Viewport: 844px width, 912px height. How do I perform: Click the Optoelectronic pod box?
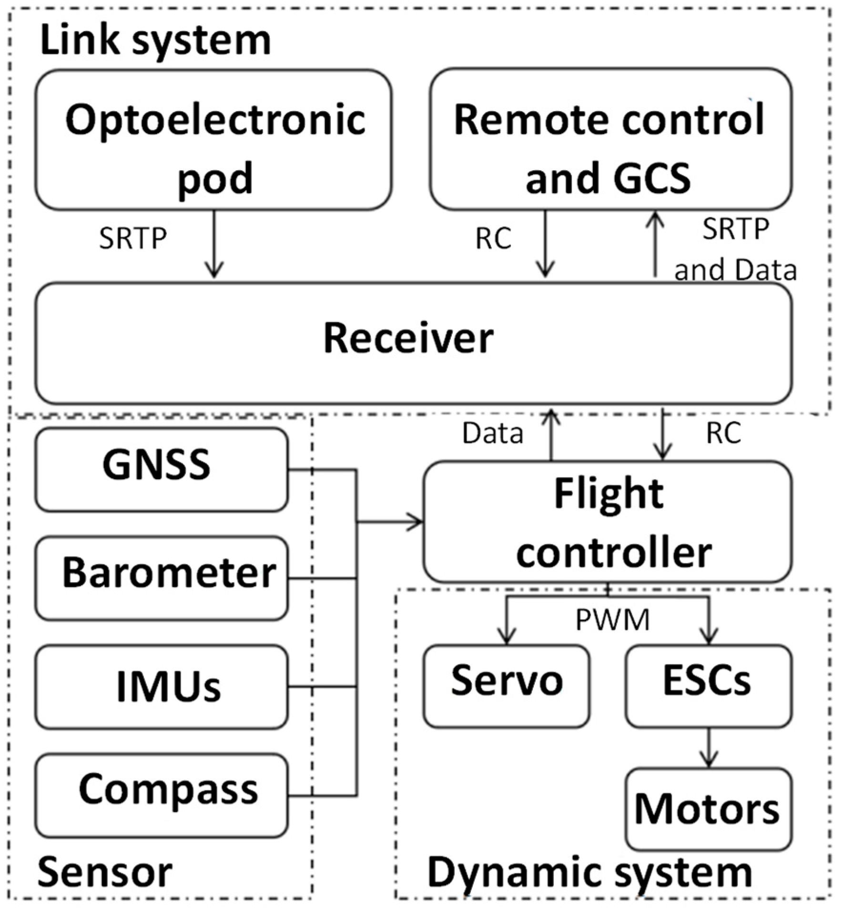coord(214,139)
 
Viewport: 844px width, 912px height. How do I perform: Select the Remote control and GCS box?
coord(610,139)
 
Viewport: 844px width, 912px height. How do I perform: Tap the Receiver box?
coord(413,343)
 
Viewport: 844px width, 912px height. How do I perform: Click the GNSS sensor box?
coord(161,469)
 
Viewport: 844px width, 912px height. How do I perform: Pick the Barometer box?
coord(161,578)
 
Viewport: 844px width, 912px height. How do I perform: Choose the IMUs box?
coord(161,687)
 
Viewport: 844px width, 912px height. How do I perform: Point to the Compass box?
coord(161,795)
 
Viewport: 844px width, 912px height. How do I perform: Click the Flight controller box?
coord(608,522)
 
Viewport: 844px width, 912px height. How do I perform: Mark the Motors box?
coord(708,809)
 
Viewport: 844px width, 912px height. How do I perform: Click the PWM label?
coord(612,620)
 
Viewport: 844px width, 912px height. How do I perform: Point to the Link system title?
coord(155,40)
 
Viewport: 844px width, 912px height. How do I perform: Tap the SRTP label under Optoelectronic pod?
coord(133,238)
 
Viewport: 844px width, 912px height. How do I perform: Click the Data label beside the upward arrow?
coord(493,434)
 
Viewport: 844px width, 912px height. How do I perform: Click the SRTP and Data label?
coord(735,249)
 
